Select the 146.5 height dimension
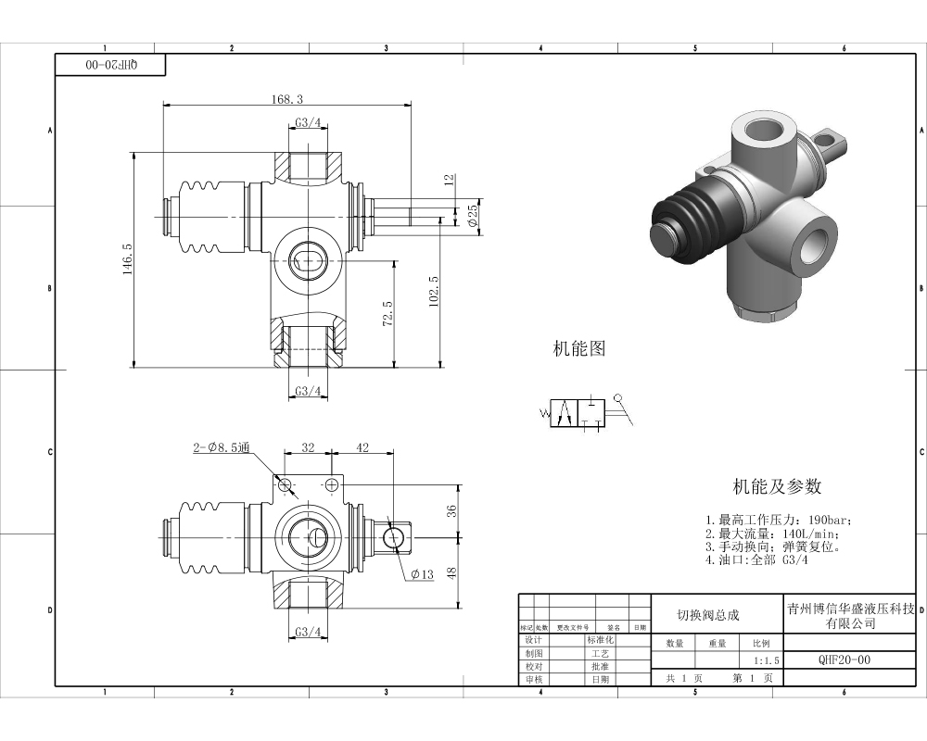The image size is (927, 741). coord(128,259)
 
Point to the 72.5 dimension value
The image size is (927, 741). coord(387,313)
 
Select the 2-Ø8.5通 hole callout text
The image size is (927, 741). coord(222,448)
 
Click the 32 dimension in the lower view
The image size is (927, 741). coord(308,447)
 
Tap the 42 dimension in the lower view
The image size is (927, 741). coord(362,447)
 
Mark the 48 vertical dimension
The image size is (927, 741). coord(452,573)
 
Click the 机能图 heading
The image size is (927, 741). coord(579,349)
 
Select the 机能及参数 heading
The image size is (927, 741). coord(777,486)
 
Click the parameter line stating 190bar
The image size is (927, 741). coord(777,521)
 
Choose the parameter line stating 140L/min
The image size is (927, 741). coord(772,534)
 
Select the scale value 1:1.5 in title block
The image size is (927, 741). coord(767,661)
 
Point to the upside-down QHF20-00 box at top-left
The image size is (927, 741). coord(111,65)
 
